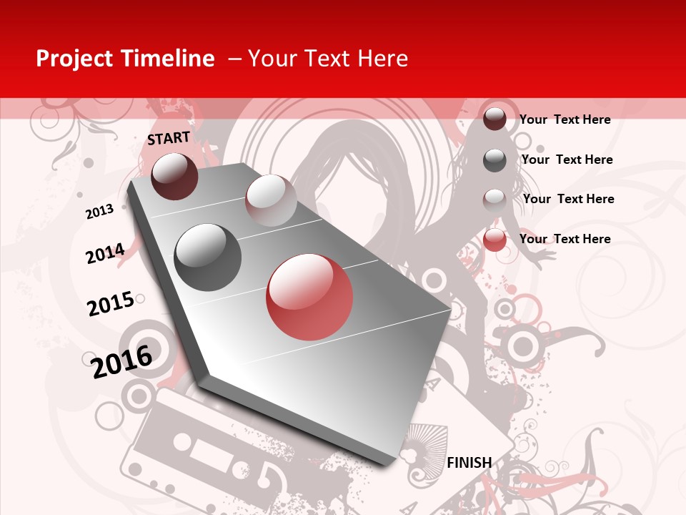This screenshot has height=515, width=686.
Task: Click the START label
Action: point(169,138)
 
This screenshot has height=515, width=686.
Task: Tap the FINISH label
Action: point(469,463)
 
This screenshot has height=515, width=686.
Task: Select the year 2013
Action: point(99,212)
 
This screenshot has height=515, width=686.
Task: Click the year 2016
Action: point(122,361)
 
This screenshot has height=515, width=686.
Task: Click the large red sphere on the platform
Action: point(309,297)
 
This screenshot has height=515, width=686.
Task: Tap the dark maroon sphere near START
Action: point(174,176)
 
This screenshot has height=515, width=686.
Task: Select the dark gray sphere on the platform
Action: point(208,257)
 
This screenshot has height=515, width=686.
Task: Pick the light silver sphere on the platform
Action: point(271,200)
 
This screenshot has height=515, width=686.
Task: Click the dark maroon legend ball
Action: point(494,119)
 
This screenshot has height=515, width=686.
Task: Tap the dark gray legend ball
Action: point(494,160)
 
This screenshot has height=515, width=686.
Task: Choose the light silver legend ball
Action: point(494,200)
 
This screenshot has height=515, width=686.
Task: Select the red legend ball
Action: point(494,240)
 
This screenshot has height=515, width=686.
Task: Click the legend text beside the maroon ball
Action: point(565,119)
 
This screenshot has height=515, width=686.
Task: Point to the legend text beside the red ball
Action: point(565,239)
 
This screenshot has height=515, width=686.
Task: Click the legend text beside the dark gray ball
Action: point(567,160)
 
